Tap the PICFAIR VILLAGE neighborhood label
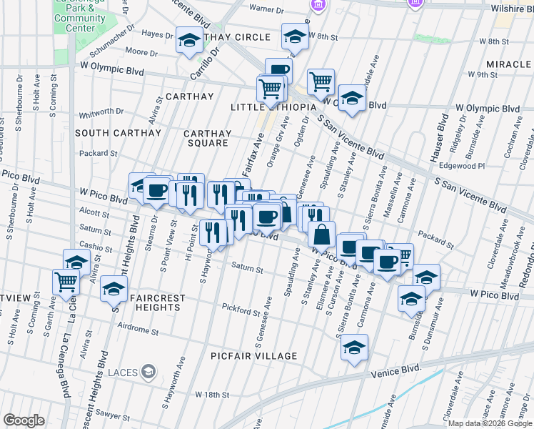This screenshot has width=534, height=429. [x=253, y=356]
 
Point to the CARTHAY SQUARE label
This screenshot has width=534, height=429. [x=208, y=138]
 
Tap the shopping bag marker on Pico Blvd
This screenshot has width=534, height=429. [x=321, y=233]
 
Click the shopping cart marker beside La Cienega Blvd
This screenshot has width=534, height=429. [x=66, y=282]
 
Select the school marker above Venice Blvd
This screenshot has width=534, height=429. [x=354, y=349]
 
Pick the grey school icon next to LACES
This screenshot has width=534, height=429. [x=148, y=371]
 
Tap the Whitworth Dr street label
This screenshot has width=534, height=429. [x=101, y=112]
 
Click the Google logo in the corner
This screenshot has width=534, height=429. [x=24, y=420]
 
